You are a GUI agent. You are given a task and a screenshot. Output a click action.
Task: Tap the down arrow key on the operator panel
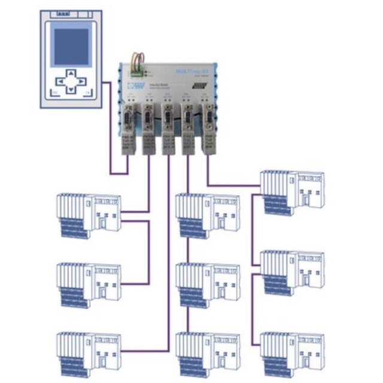(x=71, y=90)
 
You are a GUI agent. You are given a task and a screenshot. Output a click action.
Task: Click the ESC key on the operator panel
(x=53, y=93)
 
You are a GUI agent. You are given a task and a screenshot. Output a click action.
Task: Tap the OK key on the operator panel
(x=87, y=93)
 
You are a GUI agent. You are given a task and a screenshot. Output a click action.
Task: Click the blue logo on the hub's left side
(x=139, y=87)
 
